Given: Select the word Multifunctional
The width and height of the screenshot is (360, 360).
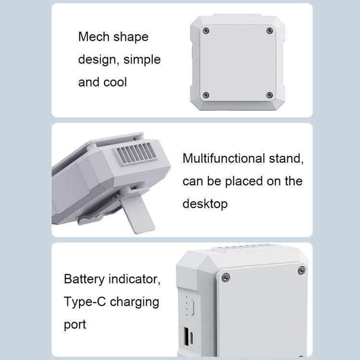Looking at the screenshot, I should [230, 158].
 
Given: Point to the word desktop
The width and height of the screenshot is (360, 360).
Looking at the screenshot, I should [205, 204].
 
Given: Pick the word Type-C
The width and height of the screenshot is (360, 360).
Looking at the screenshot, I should [84, 302].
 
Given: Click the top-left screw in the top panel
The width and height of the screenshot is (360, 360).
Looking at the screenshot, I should [206, 31].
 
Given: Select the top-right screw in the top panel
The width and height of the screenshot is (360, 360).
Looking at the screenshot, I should [269, 31].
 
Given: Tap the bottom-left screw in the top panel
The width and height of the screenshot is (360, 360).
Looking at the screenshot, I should [206, 95].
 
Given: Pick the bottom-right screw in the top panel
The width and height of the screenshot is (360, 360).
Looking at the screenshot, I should [269, 95].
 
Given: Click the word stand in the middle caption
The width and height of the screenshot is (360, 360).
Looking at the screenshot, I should [290, 158].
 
